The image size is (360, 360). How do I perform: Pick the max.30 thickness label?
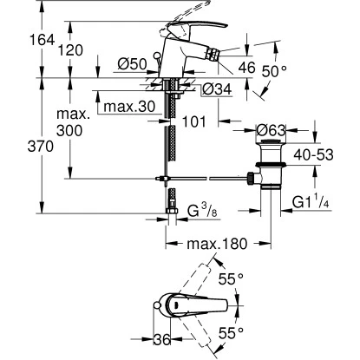(x=127, y=108)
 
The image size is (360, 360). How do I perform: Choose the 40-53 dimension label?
(x=326, y=154)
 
